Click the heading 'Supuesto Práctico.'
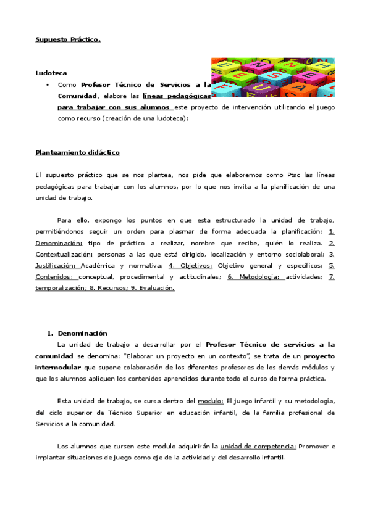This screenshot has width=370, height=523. pyautogui.click(x=67, y=40)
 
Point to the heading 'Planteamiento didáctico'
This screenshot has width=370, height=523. pyautogui.click(x=77, y=152)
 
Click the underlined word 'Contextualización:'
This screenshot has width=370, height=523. pyautogui.click(x=64, y=254)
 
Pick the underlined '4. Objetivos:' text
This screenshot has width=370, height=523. pyautogui.click(x=190, y=266)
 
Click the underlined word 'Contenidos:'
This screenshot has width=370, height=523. pyautogui.click(x=54, y=277)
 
